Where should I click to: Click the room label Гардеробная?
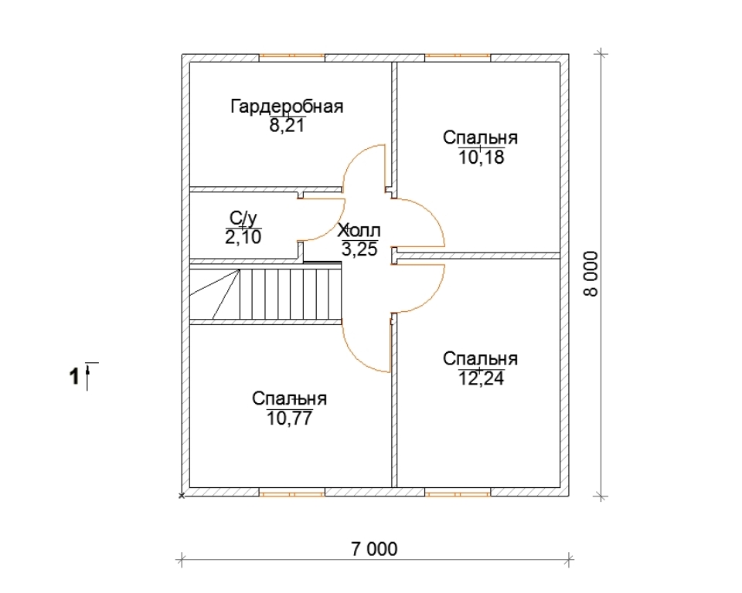coord(287,107)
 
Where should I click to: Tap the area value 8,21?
coord(286,126)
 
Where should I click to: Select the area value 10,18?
coord(482,157)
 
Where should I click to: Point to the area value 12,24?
coord(482,378)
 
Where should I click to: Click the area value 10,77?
coord(289,418)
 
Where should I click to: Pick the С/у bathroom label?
coord(243,218)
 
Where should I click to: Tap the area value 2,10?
coord(243,237)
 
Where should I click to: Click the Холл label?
coord(359,231)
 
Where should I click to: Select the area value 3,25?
coord(359,249)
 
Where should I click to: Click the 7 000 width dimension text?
coord(374,549)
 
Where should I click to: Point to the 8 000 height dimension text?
coord(591,274)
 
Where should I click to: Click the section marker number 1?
coord(74,378)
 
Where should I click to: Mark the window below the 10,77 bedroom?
coord(292,493)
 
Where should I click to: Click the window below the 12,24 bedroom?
coord(458,493)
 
